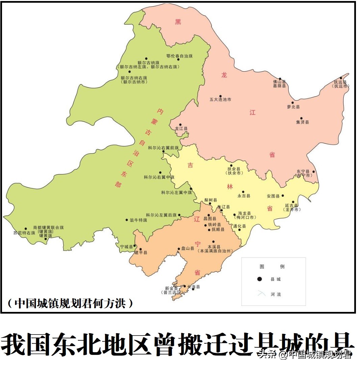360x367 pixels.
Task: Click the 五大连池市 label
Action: tap(220, 100)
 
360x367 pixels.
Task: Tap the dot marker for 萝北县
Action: tap(292, 103)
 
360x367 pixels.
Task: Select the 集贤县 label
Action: tap(302, 122)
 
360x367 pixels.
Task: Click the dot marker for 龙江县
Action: tap(180, 125)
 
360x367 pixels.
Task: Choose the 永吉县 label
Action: tap(243, 196)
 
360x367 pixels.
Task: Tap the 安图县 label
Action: tap(273, 196)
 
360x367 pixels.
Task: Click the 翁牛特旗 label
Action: tap(138, 220)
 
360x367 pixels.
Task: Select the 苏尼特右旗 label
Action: tap(24, 233)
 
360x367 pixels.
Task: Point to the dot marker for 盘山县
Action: tap(179, 249)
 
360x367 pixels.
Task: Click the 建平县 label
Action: tap(141, 253)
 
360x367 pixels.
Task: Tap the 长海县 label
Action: tap(194, 287)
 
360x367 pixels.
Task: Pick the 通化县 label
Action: tap(239, 226)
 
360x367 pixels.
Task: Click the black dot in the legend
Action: tap(259, 279)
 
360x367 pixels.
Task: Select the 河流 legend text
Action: tap(276, 294)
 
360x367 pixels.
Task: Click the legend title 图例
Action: tap(272, 266)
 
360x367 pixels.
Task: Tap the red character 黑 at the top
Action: tap(178, 22)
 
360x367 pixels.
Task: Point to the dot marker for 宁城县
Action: tap(135, 246)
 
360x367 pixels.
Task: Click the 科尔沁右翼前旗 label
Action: tap(163, 148)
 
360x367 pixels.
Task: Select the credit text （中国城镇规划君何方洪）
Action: tap(70, 303)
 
